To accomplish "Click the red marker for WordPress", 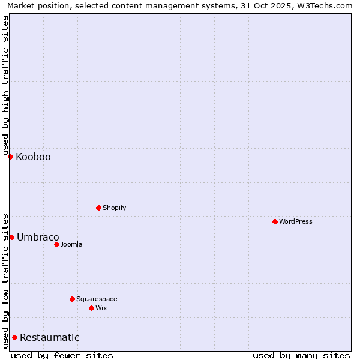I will click(x=275, y=221).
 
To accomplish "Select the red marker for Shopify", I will click(x=98, y=208).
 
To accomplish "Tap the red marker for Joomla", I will click(x=56, y=244).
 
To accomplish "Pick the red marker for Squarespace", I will click(x=72, y=299).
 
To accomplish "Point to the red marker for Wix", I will click(x=91, y=308).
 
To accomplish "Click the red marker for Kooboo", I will click(x=10, y=157).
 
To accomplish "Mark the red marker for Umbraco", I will click(x=11, y=237).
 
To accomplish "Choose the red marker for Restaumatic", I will click(x=14, y=337).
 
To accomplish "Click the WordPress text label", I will click(x=296, y=221).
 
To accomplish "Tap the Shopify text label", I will click(x=115, y=208).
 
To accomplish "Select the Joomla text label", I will click(x=71, y=244).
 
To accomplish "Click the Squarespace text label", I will click(x=97, y=299).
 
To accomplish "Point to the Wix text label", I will click(x=101, y=308).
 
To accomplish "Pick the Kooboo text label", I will click(x=33, y=157).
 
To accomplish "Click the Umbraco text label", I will click(x=38, y=237).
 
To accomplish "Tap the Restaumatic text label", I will click(x=49, y=337).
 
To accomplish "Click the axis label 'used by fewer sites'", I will click(x=62, y=355).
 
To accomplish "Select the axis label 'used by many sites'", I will click(x=301, y=355).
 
